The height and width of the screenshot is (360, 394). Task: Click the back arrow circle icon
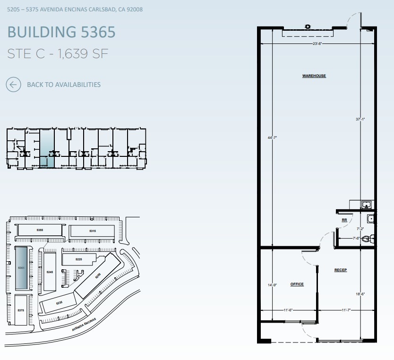tap(13, 85)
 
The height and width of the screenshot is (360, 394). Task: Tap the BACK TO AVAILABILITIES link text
tap(64, 85)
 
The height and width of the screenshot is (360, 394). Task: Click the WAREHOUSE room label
tap(314, 76)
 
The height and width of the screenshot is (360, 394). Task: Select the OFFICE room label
tap(297, 284)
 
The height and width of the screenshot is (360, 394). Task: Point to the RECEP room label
tap(341, 270)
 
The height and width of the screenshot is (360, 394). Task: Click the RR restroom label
tap(344, 220)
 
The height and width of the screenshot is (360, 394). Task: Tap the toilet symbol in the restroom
tap(368, 240)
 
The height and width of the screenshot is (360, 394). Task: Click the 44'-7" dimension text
tap(272, 137)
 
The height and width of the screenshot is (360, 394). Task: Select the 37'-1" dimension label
tap(360, 120)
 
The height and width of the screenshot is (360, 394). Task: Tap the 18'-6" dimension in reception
tap(360, 294)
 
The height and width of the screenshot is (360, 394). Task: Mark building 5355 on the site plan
tap(40, 230)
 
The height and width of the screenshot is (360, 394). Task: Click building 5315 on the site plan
tap(93, 231)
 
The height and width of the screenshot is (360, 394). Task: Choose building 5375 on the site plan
tap(21, 310)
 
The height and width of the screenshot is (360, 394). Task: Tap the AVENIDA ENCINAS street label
tap(84, 325)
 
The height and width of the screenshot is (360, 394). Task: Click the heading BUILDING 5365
tap(61, 32)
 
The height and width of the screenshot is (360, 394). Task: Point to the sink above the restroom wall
tap(365, 205)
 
